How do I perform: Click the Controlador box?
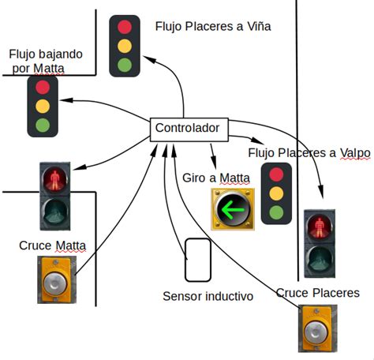(x=189, y=129)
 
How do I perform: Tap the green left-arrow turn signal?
(x=233, y=209)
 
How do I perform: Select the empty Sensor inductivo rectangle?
(x=198, y=260)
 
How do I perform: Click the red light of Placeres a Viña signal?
(x=125, y=27)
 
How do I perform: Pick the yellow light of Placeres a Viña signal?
(x=125, y=46)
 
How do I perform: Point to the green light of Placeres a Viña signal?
(x=125, y=65)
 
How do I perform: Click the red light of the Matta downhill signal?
(x=43, y=87)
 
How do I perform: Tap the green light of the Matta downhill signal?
(x=43, y=125)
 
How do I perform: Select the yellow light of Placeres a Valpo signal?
(x=276, y=193)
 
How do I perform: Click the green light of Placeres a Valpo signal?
(x=276, y=212)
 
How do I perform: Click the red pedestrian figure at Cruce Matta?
(x=55, y=180)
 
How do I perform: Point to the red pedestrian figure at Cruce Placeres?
(x=320, y=227)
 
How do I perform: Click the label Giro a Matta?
(x=216, y=178)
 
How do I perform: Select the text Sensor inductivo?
(x=208, y=296)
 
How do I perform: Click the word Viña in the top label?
(x=259, y=26)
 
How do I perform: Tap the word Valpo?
(x=355, y=153)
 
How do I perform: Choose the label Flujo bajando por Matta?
(x=46, y=61)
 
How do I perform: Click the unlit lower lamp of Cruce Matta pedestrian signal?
(x=55, y=212)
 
